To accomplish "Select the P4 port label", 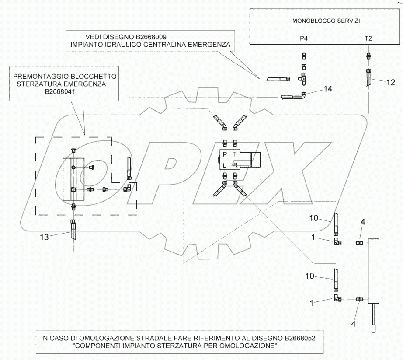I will pos(304,38).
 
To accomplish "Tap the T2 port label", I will pos(368,38).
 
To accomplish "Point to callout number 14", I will pos(328,89).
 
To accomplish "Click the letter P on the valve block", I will pos(225,155).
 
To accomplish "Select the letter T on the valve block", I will pos(235,155).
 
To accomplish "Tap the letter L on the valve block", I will pos(225,165).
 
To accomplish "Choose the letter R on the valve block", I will pos(235,165).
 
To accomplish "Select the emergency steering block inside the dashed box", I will pos(73,179).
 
